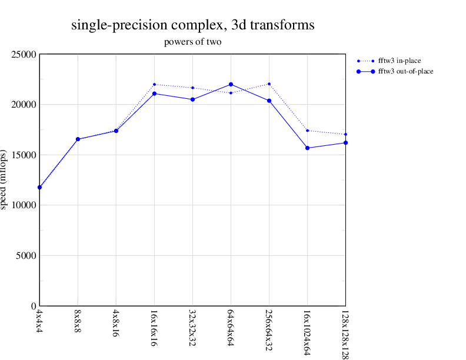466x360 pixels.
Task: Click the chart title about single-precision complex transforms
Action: point(192,25)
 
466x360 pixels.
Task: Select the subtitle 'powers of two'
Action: point(192,42)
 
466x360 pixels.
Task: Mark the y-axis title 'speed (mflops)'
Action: point(5,180)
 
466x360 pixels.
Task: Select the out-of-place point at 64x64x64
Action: point(231,84)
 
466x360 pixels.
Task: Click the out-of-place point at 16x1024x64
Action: point(307,148)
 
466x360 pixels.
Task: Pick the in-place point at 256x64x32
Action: point(269,84)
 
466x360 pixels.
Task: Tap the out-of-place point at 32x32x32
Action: point(192,99)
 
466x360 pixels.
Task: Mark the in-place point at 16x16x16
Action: point(154,84)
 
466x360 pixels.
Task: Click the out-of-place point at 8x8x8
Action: point(78,139)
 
